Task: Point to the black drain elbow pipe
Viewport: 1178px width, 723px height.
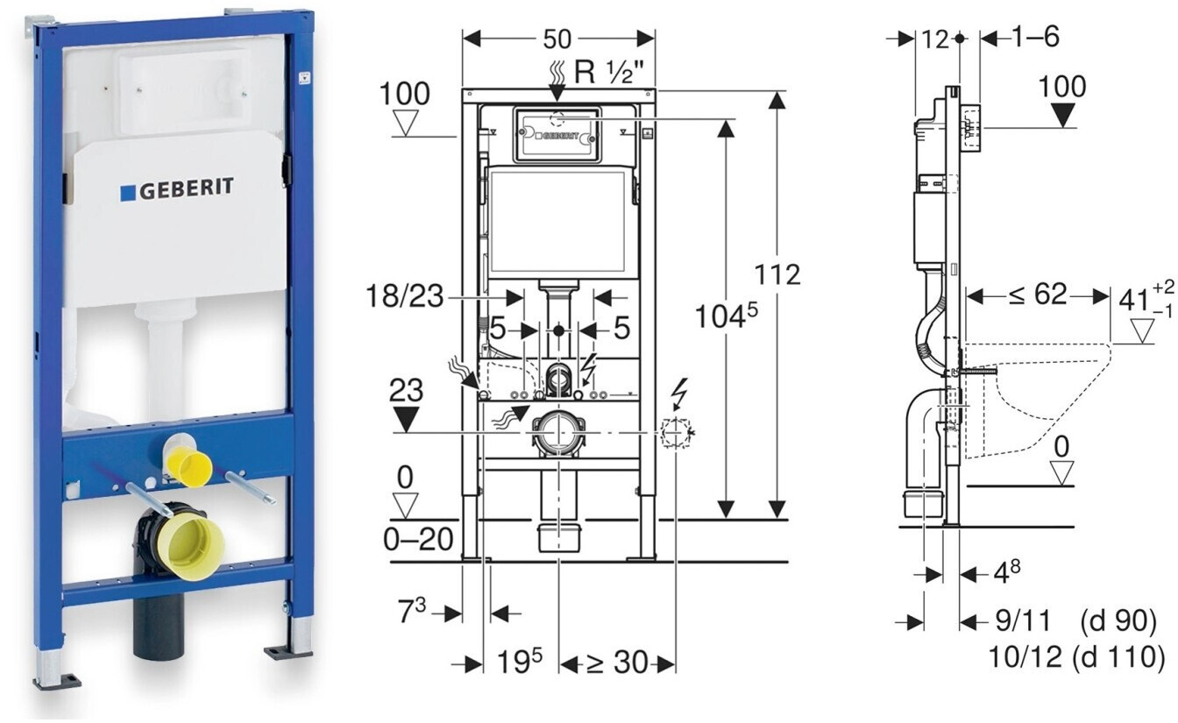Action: (158, 618)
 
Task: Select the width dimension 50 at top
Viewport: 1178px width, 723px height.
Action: (557, 39)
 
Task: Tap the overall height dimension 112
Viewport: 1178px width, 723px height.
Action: (779, 274)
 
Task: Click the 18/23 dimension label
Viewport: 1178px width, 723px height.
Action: (405, 298)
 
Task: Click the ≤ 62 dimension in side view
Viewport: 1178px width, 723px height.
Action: (1037, 295)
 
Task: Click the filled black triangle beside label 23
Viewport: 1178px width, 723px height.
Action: (406, 421)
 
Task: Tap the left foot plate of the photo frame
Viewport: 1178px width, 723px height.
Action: (57, 680)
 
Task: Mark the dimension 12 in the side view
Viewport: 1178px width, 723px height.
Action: (935, 39)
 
